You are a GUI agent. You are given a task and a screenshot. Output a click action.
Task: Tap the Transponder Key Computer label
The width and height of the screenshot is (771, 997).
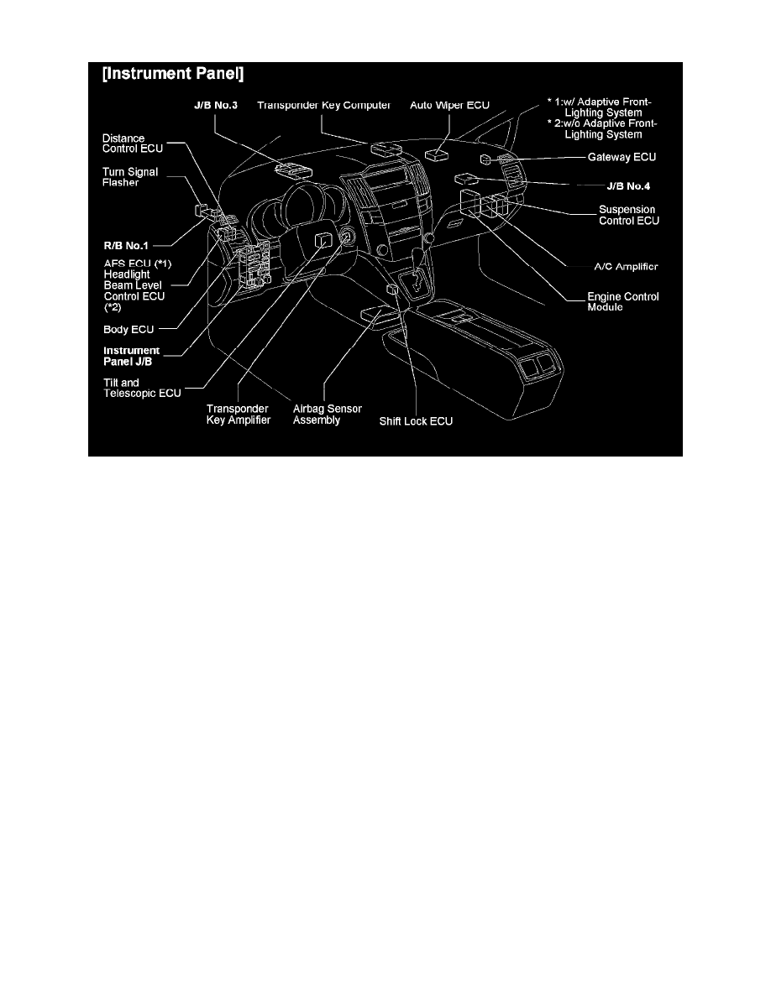click(324, 105)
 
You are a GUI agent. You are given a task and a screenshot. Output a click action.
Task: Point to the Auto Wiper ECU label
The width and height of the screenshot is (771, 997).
click(449, 105)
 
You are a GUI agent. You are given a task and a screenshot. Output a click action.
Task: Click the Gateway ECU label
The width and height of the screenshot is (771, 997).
click(622, 156)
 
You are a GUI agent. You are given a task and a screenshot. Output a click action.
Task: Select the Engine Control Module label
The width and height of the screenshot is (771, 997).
click(623, 302)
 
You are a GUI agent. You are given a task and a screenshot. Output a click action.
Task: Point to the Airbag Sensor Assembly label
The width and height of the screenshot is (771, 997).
click(316, 414)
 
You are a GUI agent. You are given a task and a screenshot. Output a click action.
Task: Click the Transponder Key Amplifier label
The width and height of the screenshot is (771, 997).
click(239, 414)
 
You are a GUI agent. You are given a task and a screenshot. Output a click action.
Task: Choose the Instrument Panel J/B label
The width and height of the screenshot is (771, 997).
click(132, 356)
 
